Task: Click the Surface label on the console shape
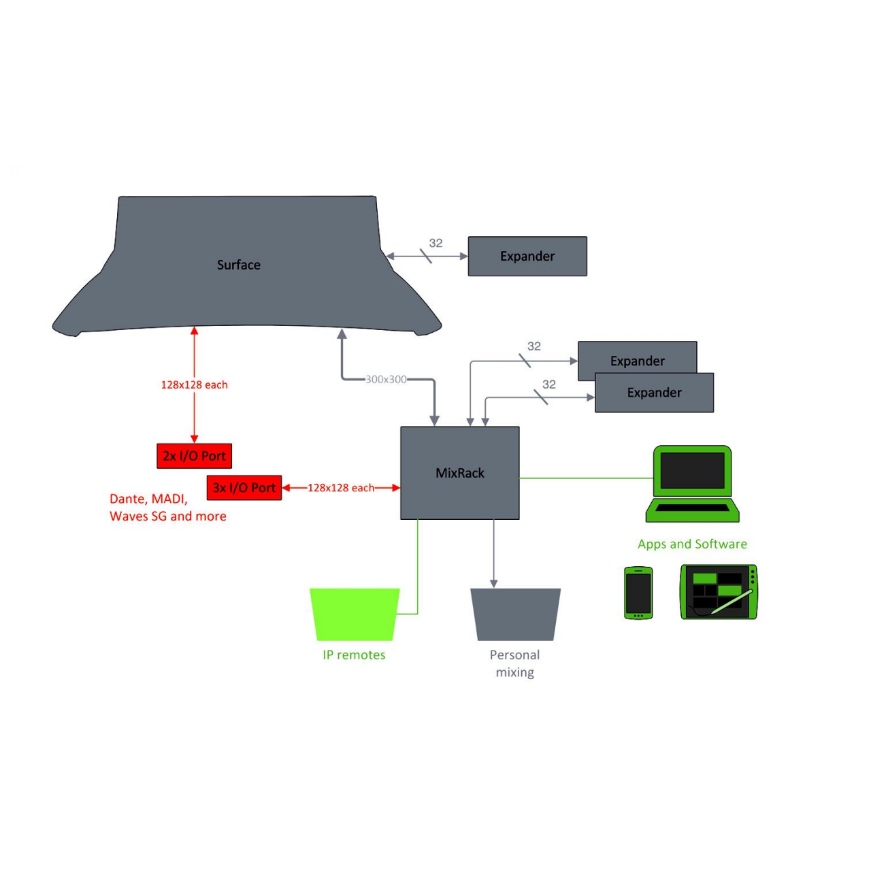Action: (238, 265)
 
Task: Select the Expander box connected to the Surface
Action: (527, 257)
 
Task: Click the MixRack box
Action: (460, 473)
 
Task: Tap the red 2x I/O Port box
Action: (194, 456)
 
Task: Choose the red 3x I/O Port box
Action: (244, 488)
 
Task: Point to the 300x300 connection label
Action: (386, 379)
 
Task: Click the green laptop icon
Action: (692, 484)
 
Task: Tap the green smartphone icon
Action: (638, 593)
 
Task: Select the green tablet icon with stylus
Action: (719, 592)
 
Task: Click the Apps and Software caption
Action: (692, 544)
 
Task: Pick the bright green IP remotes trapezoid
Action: (355, 614)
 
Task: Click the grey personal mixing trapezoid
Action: (515, 614)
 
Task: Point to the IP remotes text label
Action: (354, 655)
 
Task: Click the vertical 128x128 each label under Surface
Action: (195, 384)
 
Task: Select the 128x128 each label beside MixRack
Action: (341, 488)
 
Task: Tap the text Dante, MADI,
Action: (148, 499)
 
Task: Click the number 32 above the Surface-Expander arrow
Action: (435, 243)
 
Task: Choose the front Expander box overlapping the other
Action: (654, 393)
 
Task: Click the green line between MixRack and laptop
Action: (587, 478)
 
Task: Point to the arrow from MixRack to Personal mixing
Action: (493, 554)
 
